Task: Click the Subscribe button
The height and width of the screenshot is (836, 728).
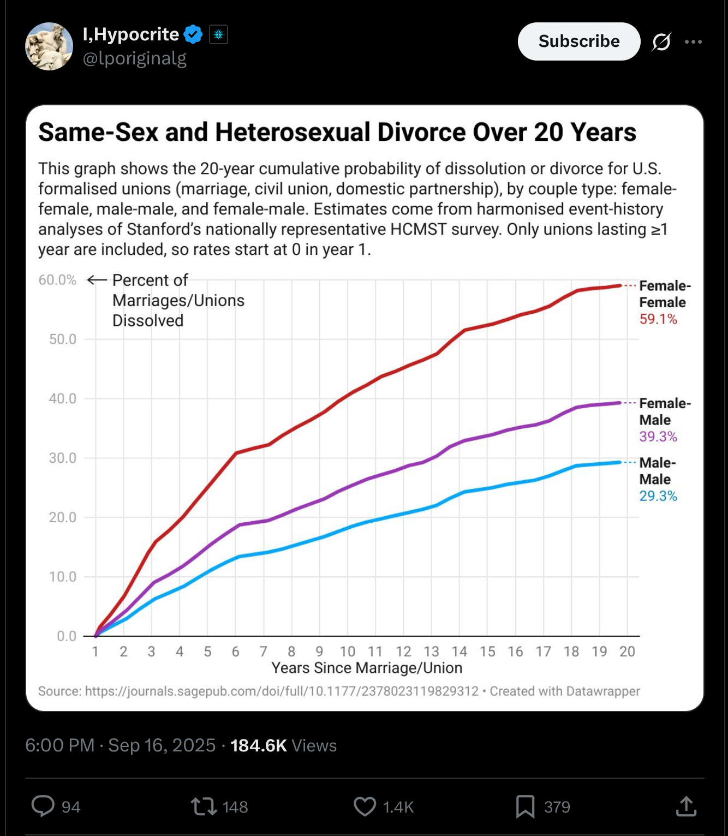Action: click(578, 41)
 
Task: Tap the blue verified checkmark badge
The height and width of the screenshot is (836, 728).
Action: click(193, 34)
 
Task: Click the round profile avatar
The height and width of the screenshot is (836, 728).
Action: click(49, 46)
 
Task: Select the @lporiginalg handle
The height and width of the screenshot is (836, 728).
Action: click(134, 58)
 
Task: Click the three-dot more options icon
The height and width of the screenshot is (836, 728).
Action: click(693, 41)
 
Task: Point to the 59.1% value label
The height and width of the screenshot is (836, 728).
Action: click(658, 319)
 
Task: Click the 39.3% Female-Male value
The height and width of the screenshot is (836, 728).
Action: click(658, 437)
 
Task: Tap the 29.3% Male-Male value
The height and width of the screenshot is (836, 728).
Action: click(658, 496)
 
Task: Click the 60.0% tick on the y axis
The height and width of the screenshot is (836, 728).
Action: click(57, 280)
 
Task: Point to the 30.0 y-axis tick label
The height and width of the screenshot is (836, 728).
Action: click(62, 458)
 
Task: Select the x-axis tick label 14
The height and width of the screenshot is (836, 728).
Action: click(459, 652)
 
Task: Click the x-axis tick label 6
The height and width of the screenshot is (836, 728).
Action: click(235, 652)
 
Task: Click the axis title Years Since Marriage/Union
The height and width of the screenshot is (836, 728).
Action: click(367, 668)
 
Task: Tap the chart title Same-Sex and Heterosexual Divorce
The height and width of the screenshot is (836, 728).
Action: click(337, 133)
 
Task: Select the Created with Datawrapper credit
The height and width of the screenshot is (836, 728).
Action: click(564, 691)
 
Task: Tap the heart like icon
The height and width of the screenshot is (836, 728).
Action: click(365, 807)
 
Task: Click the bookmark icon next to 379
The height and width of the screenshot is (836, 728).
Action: click(525, 807)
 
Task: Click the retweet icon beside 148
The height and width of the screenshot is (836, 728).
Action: click(204, 807)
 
